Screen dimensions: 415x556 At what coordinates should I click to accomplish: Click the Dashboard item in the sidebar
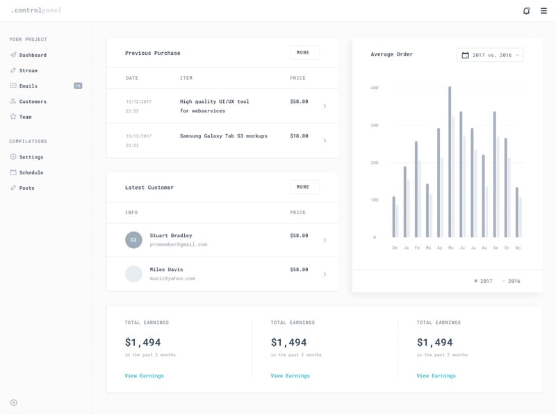32,55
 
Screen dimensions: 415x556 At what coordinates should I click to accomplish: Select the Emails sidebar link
28,86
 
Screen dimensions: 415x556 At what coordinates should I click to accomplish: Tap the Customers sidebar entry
32,101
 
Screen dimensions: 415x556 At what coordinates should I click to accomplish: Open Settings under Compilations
31,157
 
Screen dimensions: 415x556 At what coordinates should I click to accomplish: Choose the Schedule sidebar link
31,172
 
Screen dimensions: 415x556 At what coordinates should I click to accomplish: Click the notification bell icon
526,10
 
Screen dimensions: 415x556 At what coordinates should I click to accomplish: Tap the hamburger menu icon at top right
543,10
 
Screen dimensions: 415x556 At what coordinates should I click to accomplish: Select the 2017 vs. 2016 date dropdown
490,55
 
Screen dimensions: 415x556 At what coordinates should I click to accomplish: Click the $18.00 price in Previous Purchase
299,136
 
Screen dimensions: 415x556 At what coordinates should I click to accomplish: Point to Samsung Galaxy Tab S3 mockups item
223,136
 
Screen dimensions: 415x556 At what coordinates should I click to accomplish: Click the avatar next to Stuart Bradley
133,240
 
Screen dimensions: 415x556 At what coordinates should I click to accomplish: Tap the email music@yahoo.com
172,279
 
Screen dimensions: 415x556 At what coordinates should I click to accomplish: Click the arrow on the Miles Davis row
325,274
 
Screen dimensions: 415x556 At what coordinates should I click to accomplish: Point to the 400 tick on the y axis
374,88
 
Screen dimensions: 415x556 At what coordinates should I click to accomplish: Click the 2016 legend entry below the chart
513,282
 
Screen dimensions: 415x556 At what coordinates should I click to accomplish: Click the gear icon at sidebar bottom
13,402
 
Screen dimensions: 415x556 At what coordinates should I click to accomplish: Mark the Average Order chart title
391,54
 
